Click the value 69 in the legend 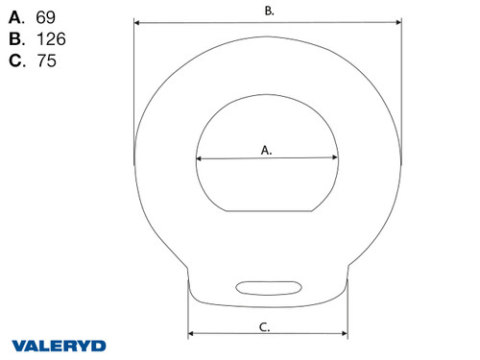[44, 18]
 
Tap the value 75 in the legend [44, 61]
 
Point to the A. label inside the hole [267, 150]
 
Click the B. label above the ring [269, 11]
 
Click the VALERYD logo [60, 345]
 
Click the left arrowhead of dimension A [198, 158]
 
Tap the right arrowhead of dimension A [336, 158]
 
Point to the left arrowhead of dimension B [135, 20]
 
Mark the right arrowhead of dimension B [398, 20]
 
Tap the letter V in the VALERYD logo [19, 345]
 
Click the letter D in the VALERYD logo [100, 345]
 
